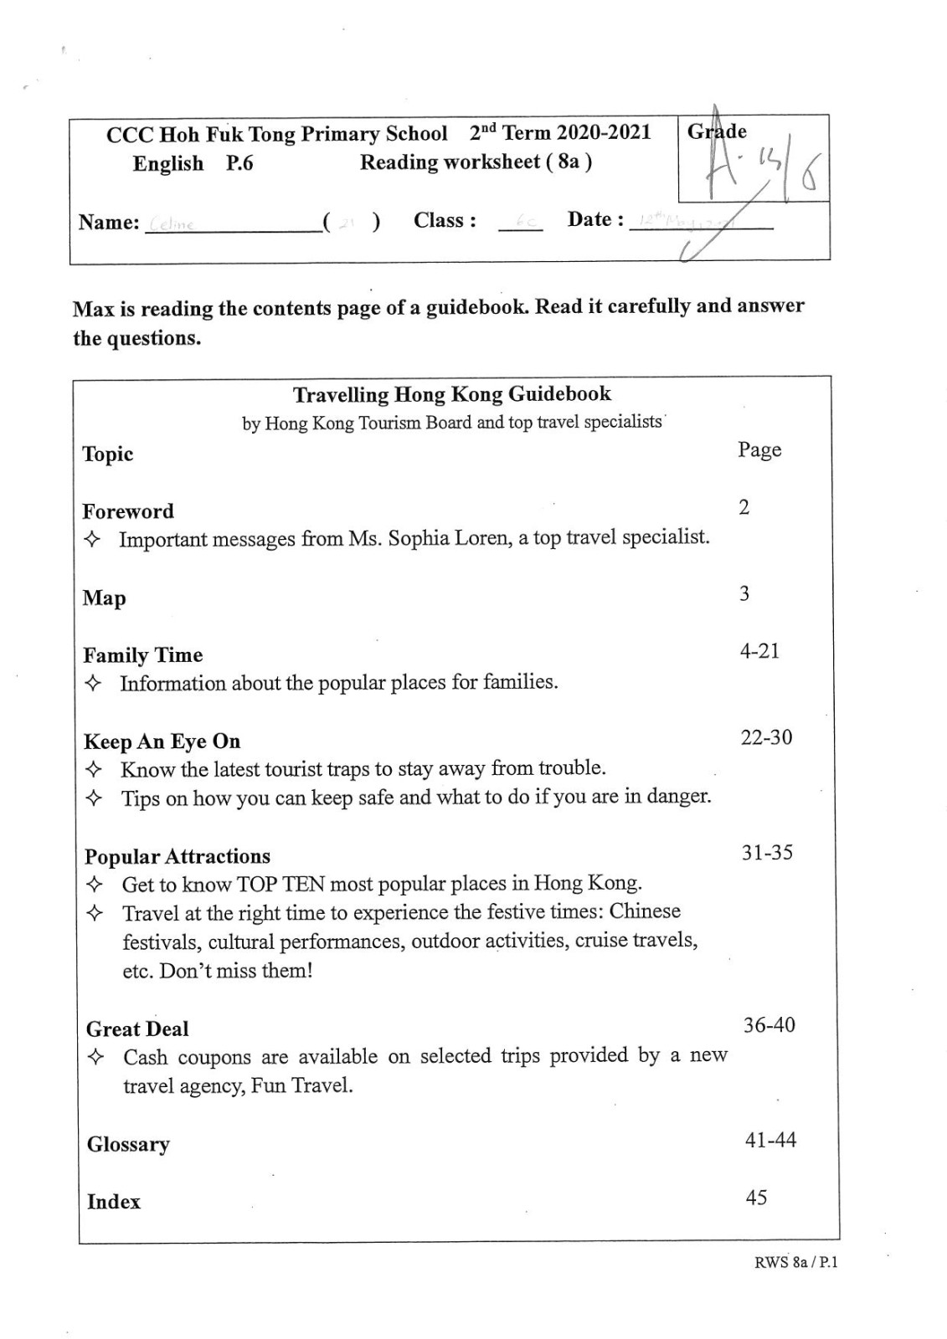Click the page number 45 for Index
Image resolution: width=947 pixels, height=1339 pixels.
click(756, 1198)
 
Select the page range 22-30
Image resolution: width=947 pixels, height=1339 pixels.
click(766, 738)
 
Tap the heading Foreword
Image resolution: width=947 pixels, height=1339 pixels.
click(128, 511)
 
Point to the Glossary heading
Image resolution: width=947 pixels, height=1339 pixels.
click(128, 1144)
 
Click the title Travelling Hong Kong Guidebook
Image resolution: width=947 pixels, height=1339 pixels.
click(452, 394)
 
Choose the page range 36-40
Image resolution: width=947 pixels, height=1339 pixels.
click(769, 1025)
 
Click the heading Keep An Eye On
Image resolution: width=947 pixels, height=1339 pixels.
click(162, 741)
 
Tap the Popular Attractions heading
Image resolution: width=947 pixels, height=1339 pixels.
click(178, 856)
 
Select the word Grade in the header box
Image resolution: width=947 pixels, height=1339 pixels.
click(717, 131)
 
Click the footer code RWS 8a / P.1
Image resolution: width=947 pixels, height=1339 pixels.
click(795, 1263)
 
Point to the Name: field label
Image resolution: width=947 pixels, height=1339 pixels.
click(109, 223)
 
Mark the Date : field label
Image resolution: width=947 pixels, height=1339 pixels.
click(595, 220)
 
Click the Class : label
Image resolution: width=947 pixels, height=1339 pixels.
click(445, 221)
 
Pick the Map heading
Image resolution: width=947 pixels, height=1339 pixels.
click(104, 598)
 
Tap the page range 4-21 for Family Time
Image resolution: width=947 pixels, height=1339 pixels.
click(759, 651)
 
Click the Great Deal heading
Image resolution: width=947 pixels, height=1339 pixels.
click(137, 1029)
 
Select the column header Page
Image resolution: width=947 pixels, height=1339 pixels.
click(759, 450)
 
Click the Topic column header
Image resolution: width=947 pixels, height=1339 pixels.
click(108, 454)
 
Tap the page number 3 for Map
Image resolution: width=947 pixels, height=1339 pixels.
click(744, 594)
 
